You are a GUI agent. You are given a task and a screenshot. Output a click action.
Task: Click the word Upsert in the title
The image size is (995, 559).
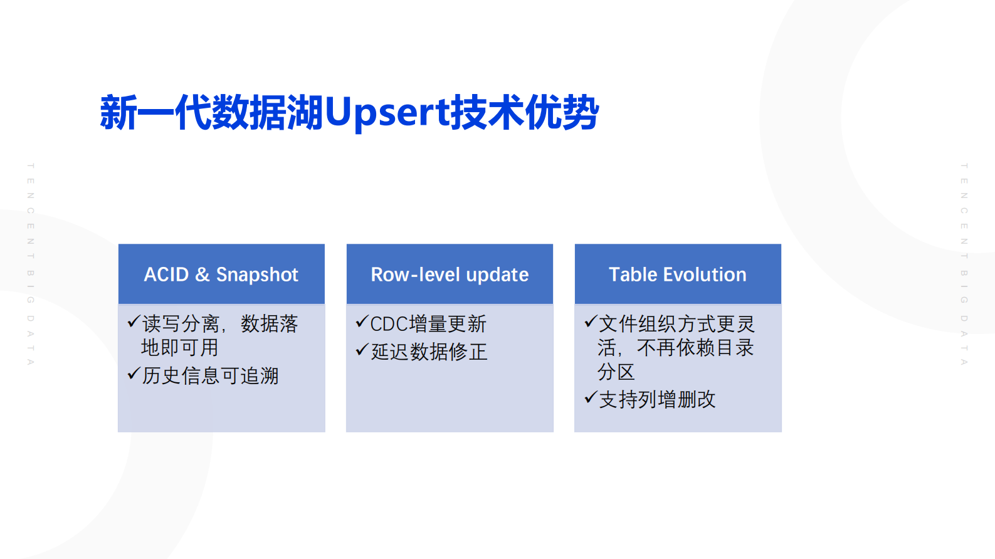click(387, 113)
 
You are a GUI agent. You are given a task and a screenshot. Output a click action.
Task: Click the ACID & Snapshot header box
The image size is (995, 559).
click(221, 274)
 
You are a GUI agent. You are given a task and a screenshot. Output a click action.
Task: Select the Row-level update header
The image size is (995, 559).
click(450, 274)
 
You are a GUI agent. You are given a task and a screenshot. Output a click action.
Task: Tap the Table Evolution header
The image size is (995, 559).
click(678, 274)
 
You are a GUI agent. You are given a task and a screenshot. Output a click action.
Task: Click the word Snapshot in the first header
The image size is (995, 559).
click(257, 274)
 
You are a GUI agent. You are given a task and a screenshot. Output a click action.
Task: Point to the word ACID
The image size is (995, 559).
click(166, 274)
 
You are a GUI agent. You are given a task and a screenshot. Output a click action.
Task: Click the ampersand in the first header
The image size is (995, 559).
click(202, 274)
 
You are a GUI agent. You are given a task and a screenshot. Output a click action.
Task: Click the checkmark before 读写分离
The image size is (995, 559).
click(133, 322)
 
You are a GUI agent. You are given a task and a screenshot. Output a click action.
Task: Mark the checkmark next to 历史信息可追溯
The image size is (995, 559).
click(133, 374)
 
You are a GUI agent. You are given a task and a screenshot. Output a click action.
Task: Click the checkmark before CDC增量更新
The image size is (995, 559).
click(361, 322)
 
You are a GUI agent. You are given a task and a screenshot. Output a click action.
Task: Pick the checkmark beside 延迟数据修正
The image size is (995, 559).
click(361, 350)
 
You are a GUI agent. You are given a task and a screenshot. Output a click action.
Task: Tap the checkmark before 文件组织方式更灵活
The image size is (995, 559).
click(589, 322)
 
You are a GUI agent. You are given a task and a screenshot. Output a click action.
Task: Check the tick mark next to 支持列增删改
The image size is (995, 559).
click(589, 397)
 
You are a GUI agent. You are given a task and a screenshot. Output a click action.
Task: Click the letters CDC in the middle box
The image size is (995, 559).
click(389, 324)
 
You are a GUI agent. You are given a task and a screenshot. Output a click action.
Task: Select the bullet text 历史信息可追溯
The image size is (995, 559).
click(211, 375)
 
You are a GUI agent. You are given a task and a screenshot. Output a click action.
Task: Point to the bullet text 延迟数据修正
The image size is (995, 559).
click(429, 352)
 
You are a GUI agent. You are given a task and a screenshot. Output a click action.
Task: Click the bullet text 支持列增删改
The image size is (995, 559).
click(658, 399)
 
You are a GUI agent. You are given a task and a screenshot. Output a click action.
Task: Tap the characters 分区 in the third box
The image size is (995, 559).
click(616, 372)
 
